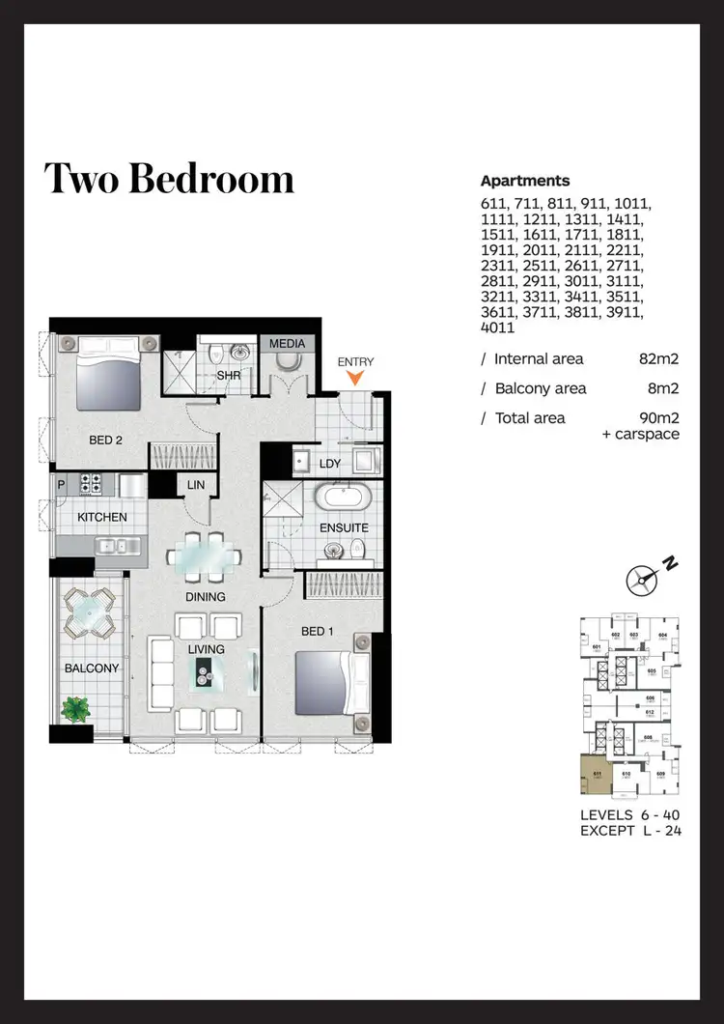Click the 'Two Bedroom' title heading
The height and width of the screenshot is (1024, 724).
pyautogui.click(x=169, y=180)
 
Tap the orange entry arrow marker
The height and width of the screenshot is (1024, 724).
pyautogui.click(x=355, y=379)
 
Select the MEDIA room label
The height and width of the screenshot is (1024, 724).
pyautogui.click(x=287, y=344)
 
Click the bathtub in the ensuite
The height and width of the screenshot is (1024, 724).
pyautogui.click(x=345, y=499)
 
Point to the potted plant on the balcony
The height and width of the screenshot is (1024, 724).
pyautogui.click(x=75, y=709)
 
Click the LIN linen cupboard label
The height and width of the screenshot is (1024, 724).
pyautogui.click(x=196, y=485)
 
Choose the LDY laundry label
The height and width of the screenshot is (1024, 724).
pyautogui.click(x=330, y=465)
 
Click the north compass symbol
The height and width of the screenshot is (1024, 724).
pyautogui.click(x=640, y=579)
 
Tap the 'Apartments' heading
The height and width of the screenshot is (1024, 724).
pyautogui.click(x=524, y=181)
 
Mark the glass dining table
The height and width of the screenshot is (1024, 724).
pyautogui.click(x=204, y=557)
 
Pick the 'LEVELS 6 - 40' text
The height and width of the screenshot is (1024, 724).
pyautogui.click(x=630, y=814)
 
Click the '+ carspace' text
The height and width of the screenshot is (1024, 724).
pyautogui.click(x=640, y=434)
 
